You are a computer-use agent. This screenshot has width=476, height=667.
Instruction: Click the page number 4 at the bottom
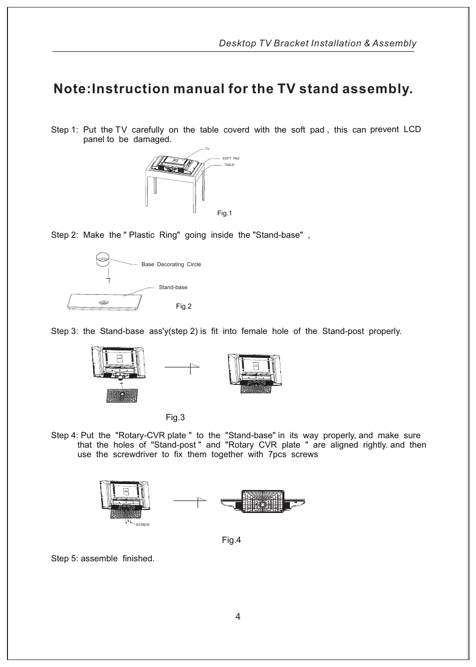pyautogui.click(x=238, y=617)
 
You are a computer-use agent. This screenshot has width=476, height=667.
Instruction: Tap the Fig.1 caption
pyautogui.click(x=225, y=213)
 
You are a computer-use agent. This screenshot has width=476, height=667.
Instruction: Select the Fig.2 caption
pyautogui.click(x=184, y=307)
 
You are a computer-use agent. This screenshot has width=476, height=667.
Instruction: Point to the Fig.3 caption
pyautogui.click(x=175, y=417)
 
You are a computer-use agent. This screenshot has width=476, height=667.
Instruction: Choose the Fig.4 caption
pyautogui.click(x=232, y=540)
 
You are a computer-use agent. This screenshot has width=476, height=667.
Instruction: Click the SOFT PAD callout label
pyautogui.click(x=231, y=159)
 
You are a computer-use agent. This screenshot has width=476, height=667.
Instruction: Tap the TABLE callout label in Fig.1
pyautogui.click(x=229, y=165)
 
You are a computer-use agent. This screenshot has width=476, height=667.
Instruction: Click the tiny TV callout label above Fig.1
pyautogui.click(x=207, y=149)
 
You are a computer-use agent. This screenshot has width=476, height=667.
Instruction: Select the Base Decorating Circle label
pyautogui.click(x=171, y=265)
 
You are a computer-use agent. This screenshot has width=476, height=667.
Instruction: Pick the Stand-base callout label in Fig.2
pyautogui.click(x=173, y=288)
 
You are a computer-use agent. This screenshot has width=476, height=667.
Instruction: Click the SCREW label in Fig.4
pyautogui.click(x=143, y=525)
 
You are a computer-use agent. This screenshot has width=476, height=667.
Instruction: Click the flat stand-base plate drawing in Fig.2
pyautogui.click(x=105, y=302)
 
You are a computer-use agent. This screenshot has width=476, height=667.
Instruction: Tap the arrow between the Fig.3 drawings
pyautogui.click(x=182, y=367)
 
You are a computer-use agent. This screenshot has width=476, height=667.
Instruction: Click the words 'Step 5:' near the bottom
pyautogui.click(x=64, y=559)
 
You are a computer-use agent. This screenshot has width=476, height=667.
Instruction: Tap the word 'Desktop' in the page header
pyautogui.click(x=237, y=43)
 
